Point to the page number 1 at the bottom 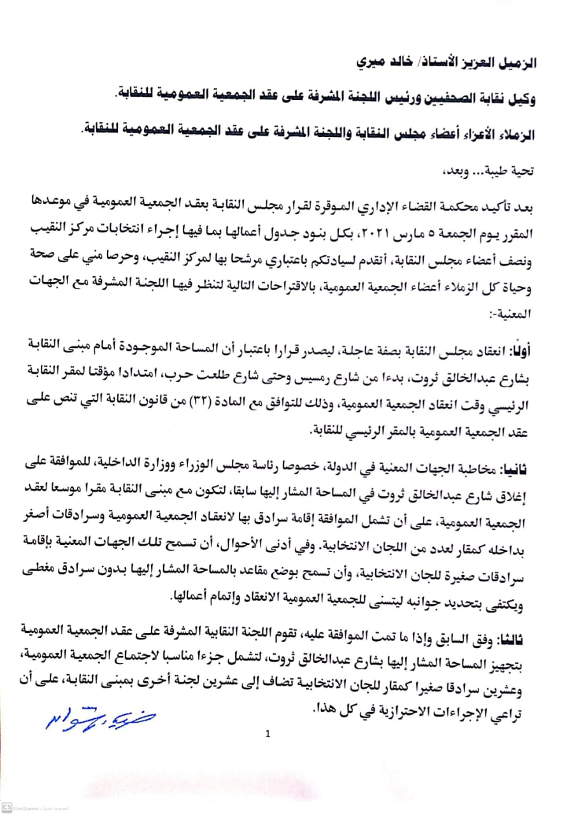[x=268, y=733]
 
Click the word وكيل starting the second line [x=525, y=99]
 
